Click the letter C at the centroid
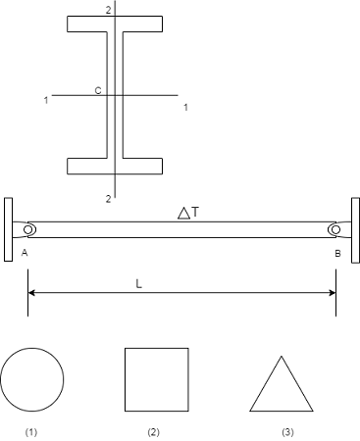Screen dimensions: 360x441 98,90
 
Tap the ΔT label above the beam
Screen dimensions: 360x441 188,213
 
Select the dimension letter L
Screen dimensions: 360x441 139,284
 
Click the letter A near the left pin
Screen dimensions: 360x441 25,253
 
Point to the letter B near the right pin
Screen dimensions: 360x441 337,253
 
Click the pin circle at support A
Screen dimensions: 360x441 28,229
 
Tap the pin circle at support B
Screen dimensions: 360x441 335,229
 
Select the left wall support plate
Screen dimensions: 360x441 9,229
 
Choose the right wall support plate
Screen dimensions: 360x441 356,230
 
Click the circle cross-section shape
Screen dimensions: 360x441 32,348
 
